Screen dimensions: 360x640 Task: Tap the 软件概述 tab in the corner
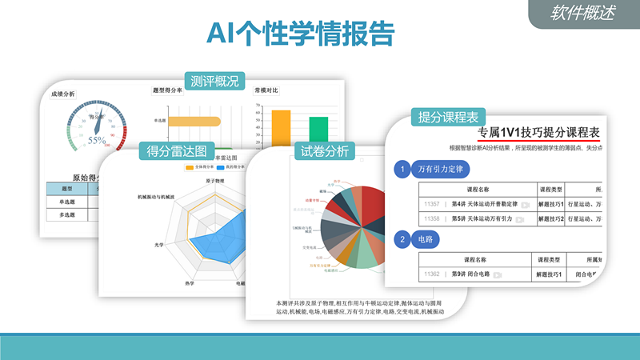pyautogui.click(x=584, y=13)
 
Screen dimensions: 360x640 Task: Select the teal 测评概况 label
pyautogui.click(x=214, y=82)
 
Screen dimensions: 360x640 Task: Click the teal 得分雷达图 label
pyautogui.click(x=178, y=150)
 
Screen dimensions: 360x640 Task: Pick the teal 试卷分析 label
pyautogui.click(x=325, y=151)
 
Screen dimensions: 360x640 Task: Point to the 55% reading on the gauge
pyautogui.click(x=97, y=140)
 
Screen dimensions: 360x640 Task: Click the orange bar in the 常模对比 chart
pyautogui.click(x=281, y=128)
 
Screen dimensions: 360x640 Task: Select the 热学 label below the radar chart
pyautogui.click(x=189, y=282)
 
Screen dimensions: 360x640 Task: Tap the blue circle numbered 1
pyautogui.click(x=404, y=170)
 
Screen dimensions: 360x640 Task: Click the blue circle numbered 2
pyautogui.click(x=404, y=238)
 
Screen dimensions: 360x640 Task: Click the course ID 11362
pyautogui.click(x=432, y=274)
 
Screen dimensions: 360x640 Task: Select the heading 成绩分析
pyautogui.click(x=62, y=94)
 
